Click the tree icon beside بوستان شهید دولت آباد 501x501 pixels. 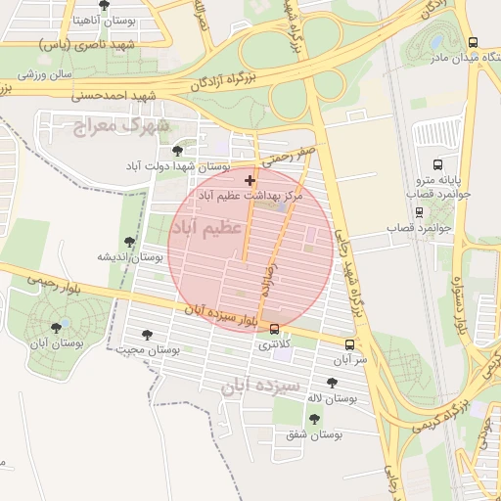[177, 151]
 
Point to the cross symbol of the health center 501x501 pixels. [250, 180]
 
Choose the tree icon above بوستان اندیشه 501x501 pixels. [129, 242]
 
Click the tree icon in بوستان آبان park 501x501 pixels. [56, 328]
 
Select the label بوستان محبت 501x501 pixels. [144, 349]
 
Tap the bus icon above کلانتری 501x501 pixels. [274, 330]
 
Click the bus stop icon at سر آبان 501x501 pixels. [349, 344]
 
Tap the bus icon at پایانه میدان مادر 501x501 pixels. [474, 43]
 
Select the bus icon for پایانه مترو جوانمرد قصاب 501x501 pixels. [437, 164]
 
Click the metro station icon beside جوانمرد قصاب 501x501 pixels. [420, 212]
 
